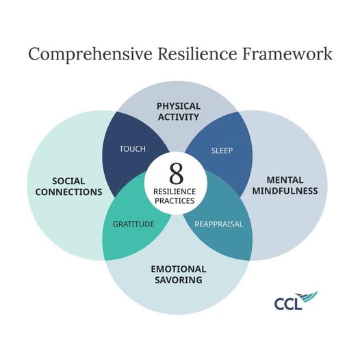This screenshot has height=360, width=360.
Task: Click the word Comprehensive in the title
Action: (x=90, y=55)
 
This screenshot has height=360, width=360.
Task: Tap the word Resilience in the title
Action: (x=197, y=53)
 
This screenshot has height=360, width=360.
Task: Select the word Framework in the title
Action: (x=287, y=53)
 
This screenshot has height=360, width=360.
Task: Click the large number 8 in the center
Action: (x=177, y=174)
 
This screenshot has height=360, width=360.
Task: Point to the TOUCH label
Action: (x=133, y=149)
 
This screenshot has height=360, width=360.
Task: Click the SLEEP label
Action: (x=222, y=151)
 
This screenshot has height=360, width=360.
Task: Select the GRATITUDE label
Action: (x=133, y=224)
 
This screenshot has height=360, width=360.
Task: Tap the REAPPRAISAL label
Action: (x=218, y=224)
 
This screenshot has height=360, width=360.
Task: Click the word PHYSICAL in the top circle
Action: (x=179, y=106)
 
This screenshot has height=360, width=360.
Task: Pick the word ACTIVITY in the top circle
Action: (x=179, y=117)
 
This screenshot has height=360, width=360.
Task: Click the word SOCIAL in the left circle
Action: (x=68, y=181)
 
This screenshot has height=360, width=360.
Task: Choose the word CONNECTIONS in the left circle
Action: (x=68, y=192)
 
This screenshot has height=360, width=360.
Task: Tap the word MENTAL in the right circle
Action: (x=285, y=180)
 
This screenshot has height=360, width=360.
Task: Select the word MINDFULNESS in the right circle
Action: (x=285, y=191)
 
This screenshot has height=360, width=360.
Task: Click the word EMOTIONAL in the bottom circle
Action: (x=179, y=269)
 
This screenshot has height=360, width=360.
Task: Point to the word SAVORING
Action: (x=179, y=280)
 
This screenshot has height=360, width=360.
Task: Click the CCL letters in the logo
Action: (x=288, y=304)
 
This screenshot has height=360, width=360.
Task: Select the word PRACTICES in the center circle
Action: (x=175, y=201)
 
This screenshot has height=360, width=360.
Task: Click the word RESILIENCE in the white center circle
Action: (x=175, y=192)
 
